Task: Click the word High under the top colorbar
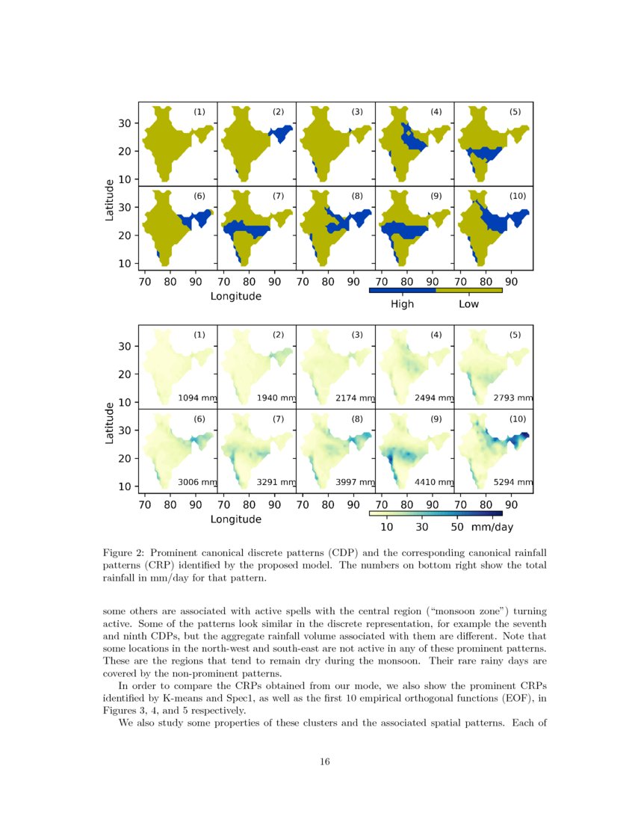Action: click(x=402, y=304)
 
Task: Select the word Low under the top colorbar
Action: click(x=468, y=304)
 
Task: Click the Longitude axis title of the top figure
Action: click(x=235, y=296)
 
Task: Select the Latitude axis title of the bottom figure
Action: click(x=110, y=423)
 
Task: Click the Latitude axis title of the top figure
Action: click(x=110, y=199)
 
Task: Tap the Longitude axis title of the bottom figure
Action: click(x=235, y=519)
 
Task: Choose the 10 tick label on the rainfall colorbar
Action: click(x=387, y=528)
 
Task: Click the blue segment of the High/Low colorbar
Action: click(x=402, y=290)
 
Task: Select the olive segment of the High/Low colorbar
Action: click(x=468, y=290)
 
